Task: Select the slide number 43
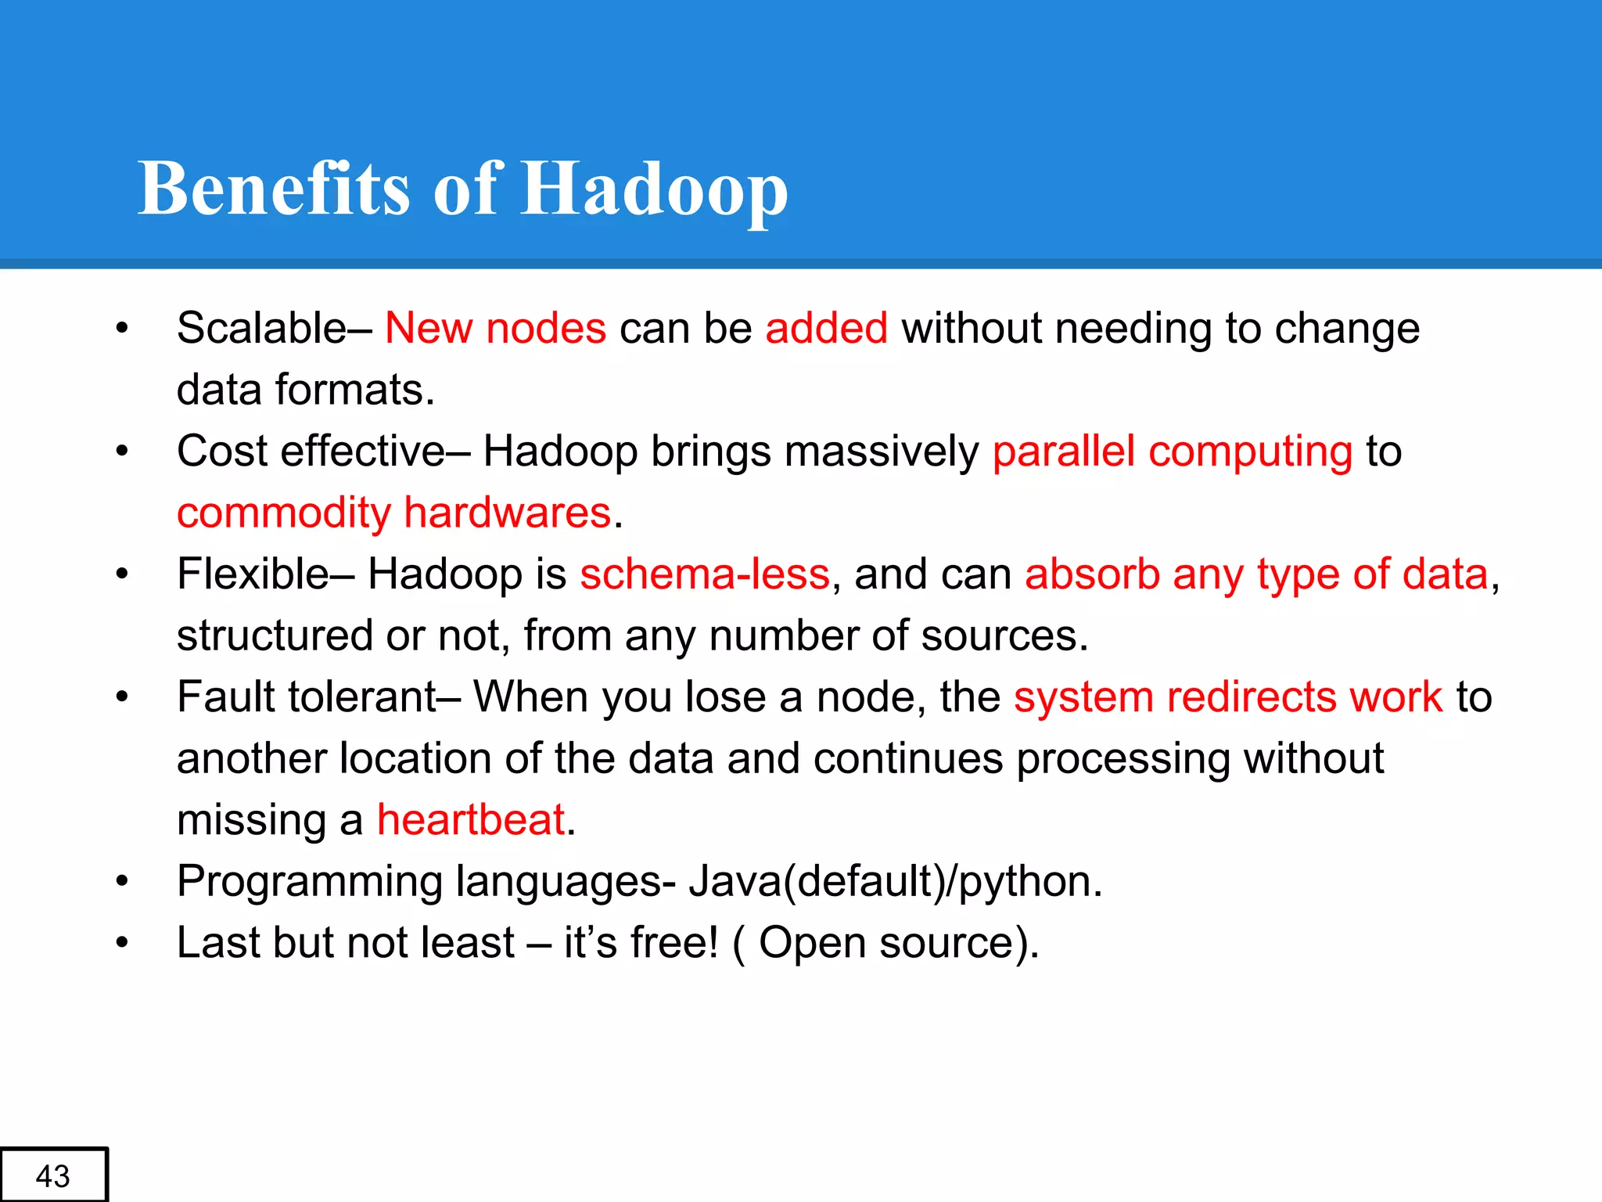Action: click(x=53, y=1175)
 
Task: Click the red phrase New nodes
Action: click(x=495, y=327)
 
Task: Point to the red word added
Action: click(x=826, y=327)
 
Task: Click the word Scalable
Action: click(x=261, y=327)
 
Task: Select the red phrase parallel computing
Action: click(x=1172, y=452)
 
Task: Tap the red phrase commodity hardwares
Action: click(x=393, y=513)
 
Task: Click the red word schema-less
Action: click(x=704, y=574)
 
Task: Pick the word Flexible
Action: click(x=252, y=574)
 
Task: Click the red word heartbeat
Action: click(x=471, y=819)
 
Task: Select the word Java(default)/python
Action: click(x=895, y=881)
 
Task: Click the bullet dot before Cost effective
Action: click(x=121, y=452)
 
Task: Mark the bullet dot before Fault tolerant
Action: click(x=121, y=696)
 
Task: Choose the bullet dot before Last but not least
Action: click(x=121, y=943)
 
